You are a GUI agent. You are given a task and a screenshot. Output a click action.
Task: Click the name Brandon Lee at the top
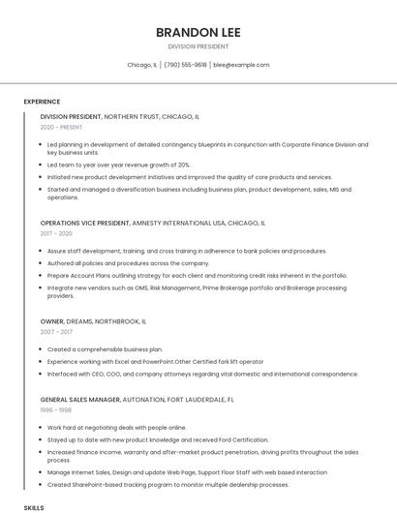198,32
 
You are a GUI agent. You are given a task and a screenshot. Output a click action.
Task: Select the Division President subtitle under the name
198,46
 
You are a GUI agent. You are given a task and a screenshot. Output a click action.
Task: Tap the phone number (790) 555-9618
185,65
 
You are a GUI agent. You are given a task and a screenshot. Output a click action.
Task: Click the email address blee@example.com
241,65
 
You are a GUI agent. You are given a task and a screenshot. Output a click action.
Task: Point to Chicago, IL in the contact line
142,65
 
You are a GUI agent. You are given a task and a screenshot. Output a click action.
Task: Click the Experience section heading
42,102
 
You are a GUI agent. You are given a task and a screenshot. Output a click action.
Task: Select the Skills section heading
34,507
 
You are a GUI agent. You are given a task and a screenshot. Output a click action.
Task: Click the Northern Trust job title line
120,116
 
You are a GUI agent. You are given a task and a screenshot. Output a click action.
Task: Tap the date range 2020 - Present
62,127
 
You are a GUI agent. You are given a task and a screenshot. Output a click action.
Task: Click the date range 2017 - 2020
56,233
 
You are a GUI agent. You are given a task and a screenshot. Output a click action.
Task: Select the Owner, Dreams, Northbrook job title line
93,320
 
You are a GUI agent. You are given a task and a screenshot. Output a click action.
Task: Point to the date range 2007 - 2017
56,332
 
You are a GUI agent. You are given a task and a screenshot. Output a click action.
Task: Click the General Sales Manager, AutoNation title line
137,399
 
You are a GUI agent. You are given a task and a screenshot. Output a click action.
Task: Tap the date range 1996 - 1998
56,409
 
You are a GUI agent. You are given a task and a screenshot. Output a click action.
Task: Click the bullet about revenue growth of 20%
118,165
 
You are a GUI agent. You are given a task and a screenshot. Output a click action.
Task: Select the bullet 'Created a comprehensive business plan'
105,348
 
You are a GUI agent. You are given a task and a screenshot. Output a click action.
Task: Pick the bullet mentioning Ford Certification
157,438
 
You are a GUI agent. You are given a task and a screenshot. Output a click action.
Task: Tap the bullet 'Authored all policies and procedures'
128,262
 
